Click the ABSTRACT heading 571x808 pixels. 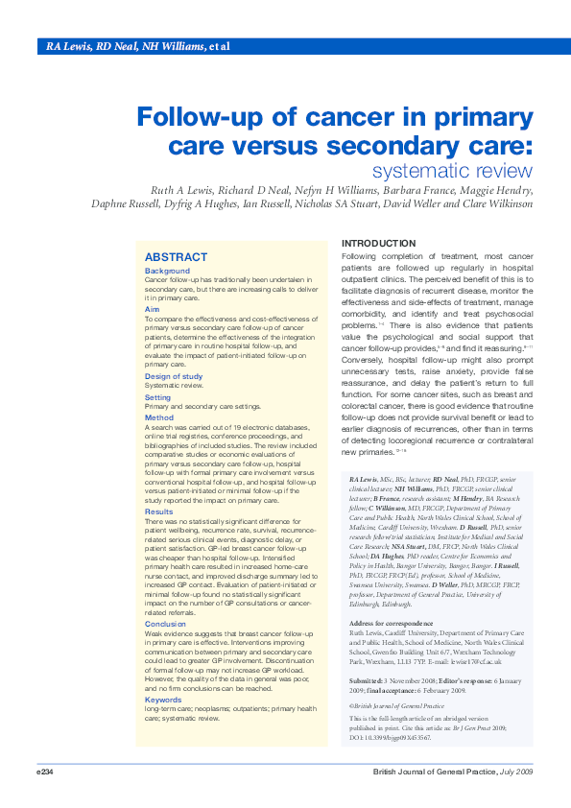(176, 257)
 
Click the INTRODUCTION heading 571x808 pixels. (379, 244)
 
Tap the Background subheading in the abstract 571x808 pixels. (167, 271)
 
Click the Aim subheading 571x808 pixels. (152, 309)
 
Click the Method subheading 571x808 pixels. (158, 417)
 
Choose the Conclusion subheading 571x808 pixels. (165, 597)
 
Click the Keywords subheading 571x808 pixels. (163, 673)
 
